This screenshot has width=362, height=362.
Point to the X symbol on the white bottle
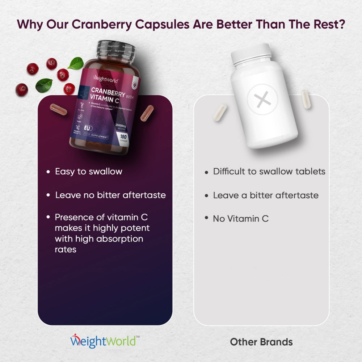click(262, 99)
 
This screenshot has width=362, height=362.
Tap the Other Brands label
click(261, 342)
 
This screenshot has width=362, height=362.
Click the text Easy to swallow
click(88, 172)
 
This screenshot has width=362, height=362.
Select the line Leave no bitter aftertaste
click(110, 195)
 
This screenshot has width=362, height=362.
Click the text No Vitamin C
click(240, 219)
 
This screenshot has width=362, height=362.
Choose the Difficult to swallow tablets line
click(269, 171)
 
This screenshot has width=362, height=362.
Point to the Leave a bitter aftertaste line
click(265, 195)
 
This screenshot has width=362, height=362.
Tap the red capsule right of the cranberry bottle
click(147, 113)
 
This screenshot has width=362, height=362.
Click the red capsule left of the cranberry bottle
click(58, 109)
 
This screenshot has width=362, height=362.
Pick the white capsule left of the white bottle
click(220, 112)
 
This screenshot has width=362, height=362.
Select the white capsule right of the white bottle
click(306, 99)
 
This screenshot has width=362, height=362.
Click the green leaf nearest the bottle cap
click(76, 63)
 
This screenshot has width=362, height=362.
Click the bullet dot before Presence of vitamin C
click(49, 217)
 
